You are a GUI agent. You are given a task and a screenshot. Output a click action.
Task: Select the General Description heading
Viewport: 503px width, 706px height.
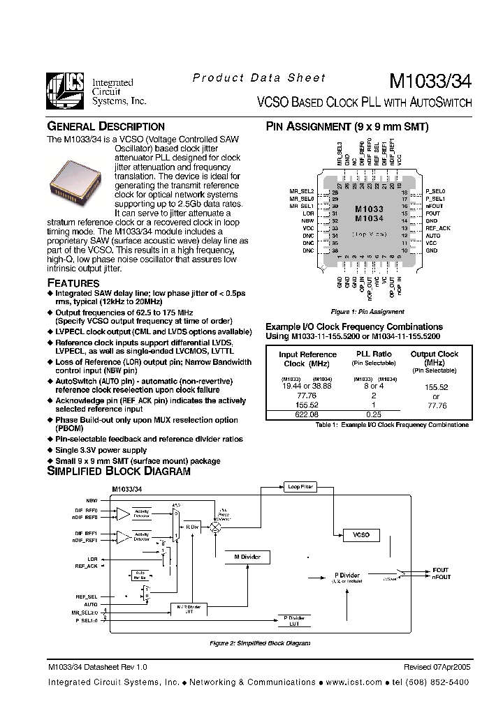click(x=105, y=127)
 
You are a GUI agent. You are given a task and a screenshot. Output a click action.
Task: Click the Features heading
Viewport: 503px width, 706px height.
click(x=73, y=283)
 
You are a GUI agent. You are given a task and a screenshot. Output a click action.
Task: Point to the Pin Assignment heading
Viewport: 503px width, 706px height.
click(x=347, y=127)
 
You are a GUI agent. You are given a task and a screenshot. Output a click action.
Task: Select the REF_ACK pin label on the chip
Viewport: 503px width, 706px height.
click(x=438, y=228)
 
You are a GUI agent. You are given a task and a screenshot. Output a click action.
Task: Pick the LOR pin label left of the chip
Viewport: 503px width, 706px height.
click(x=308, y=213)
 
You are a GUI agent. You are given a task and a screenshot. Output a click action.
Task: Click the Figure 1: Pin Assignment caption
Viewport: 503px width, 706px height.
click(x=367, y=312)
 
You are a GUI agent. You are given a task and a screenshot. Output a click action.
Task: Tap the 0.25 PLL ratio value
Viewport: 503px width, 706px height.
click(x=374, y=413)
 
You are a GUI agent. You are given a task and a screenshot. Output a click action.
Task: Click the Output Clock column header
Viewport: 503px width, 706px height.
click(x=434, y=358)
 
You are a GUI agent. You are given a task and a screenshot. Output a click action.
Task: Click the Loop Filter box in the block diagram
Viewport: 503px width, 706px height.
click(x=300, y=486)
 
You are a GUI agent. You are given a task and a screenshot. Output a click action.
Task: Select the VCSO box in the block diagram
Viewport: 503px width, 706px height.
click(x=360, y=535)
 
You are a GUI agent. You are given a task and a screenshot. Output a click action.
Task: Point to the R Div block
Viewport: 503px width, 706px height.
click(x=192, y=528)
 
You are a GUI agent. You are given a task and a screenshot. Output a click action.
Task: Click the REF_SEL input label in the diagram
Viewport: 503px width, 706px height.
click(x=87, y=597)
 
